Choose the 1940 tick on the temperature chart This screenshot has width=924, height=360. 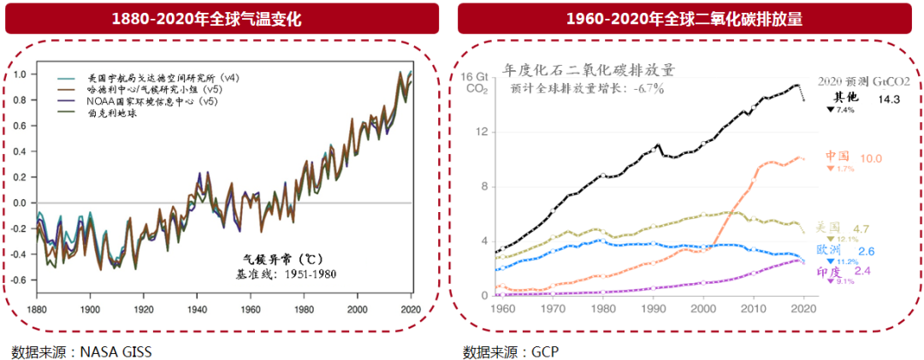(x=198, y=309)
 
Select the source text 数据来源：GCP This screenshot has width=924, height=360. (x=510, y=351)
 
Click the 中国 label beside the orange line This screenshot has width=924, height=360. (x=838, y=156)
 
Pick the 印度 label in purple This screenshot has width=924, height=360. (x=830, y=271)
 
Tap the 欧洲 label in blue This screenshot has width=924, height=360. (x=829, y=250)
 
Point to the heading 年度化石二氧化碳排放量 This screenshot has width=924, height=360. (x=589, y=69)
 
